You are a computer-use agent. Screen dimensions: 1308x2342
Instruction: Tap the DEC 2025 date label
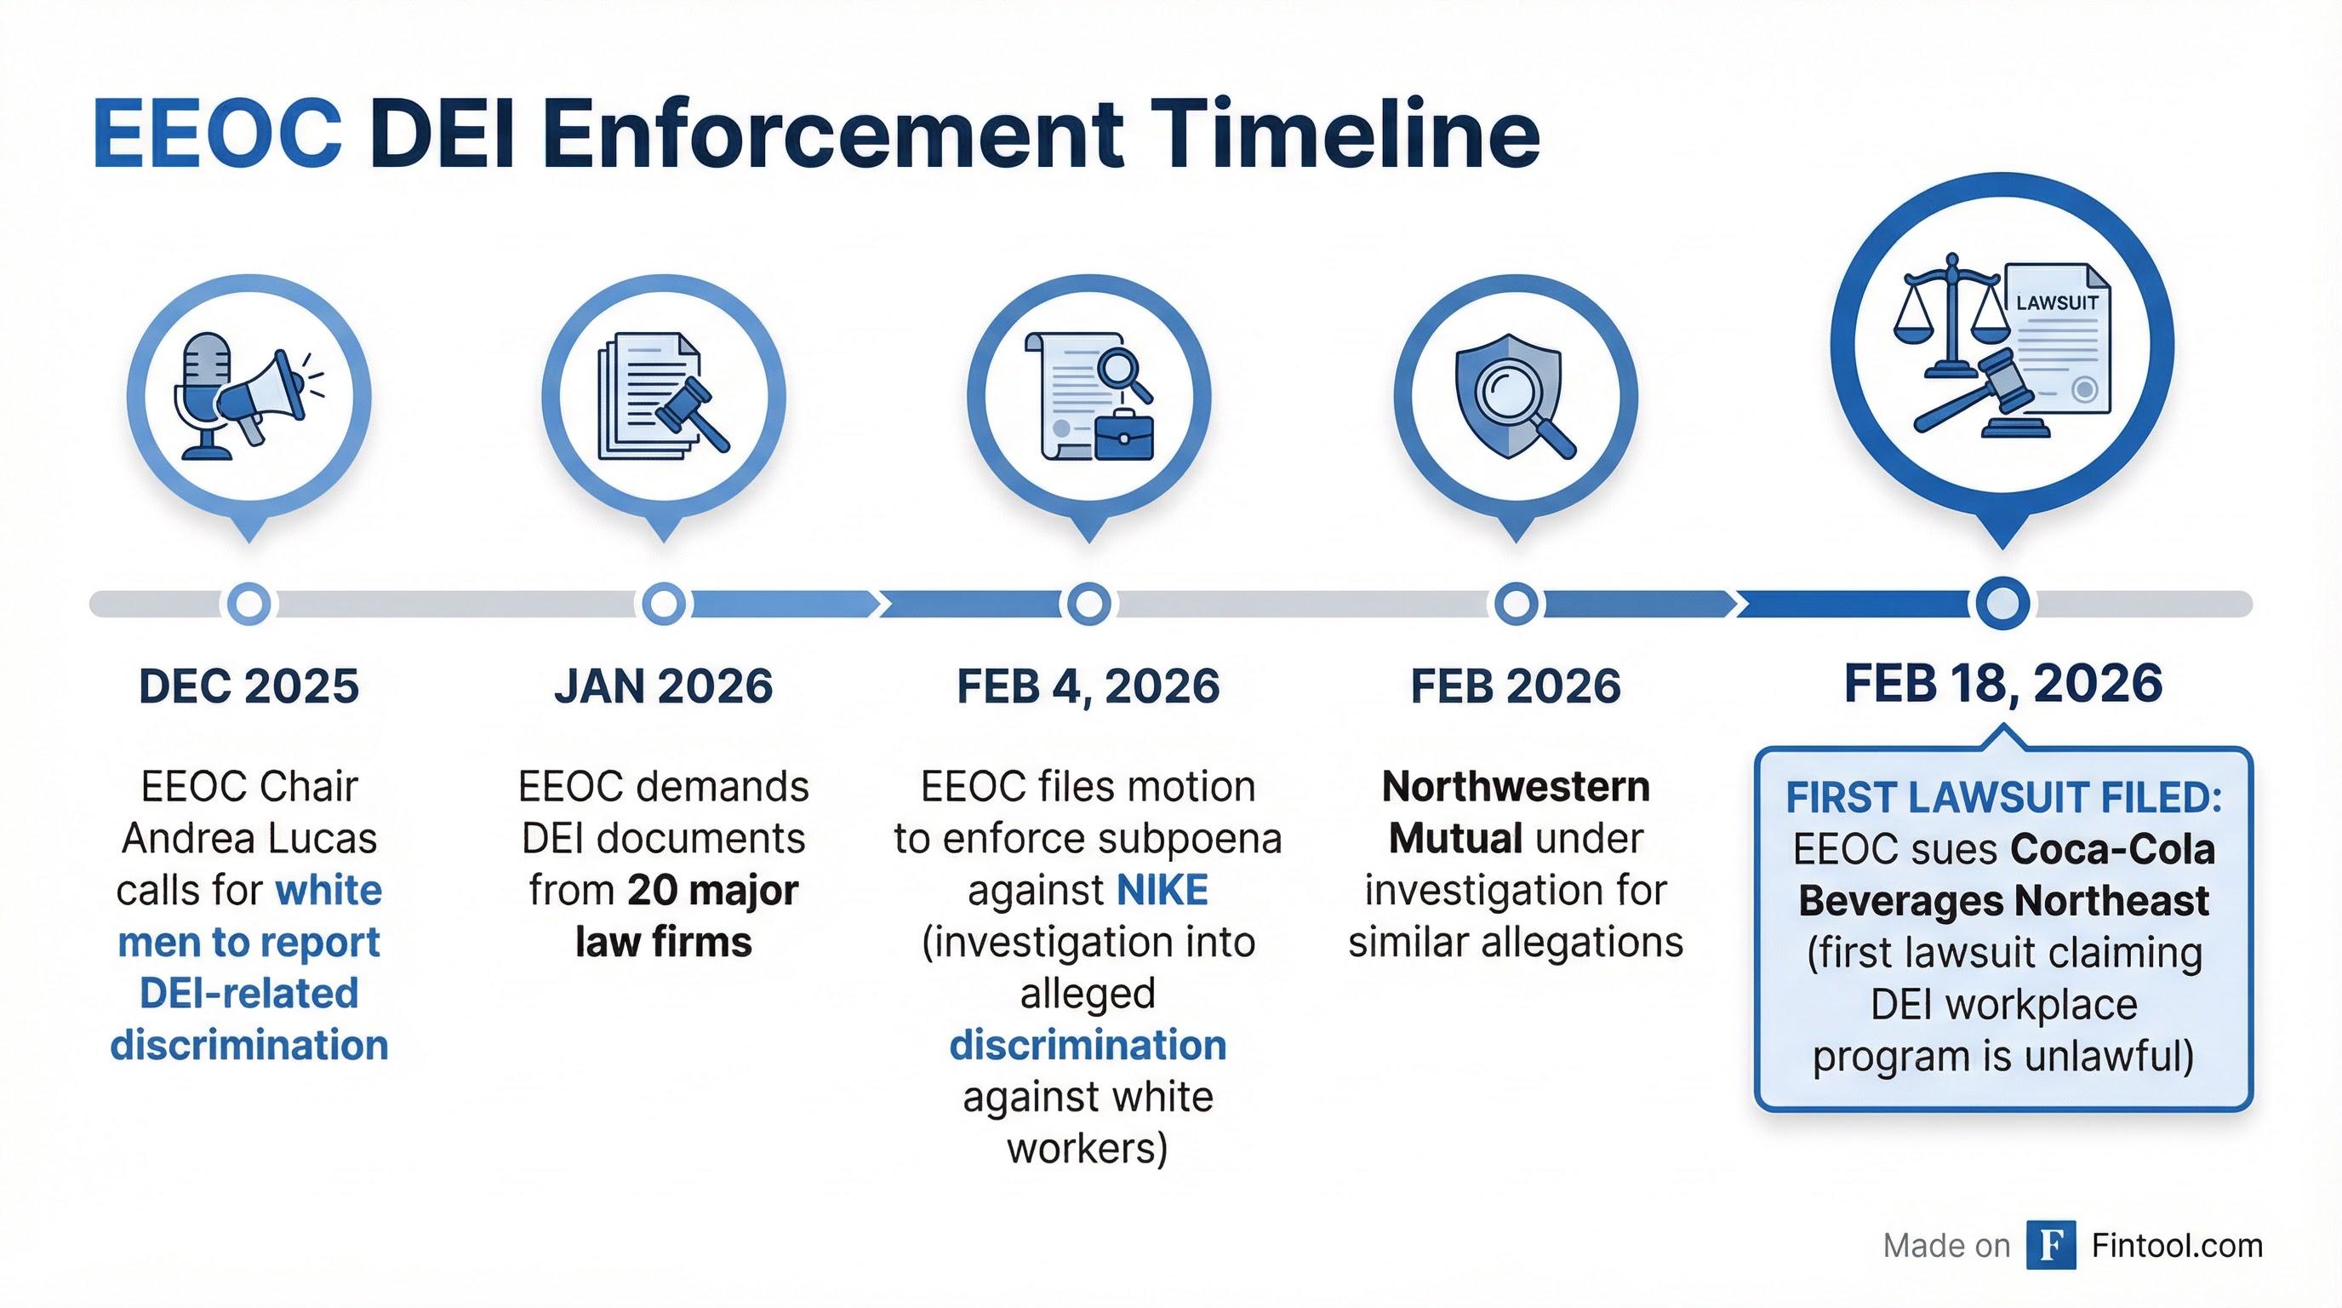click(x=249, y=686)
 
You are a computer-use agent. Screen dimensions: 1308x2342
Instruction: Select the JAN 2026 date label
click(x=664, y=686)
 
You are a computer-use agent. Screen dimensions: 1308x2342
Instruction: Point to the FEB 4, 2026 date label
click(x=1088, y=686)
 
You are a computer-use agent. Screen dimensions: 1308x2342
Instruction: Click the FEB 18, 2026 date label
click(x=2003, y=683)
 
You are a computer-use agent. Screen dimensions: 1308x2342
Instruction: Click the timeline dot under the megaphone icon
click(x=249, y=603)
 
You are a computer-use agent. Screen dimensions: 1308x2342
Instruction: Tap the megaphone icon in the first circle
click(x=264, y=396)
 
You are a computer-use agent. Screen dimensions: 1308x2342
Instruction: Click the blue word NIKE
click(x=1162, y=890)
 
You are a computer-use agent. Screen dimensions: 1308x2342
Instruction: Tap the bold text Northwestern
click(x=1516, y=787)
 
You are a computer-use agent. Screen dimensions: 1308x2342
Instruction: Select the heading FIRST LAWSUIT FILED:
click(x=2004, y=798)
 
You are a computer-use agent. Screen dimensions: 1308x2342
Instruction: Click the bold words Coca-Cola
click(x=2113, y=850)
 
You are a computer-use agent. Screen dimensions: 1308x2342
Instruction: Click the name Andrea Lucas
click(x=249, y=838)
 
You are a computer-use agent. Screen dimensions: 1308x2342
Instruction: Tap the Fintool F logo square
click(x=2050, y=1245)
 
